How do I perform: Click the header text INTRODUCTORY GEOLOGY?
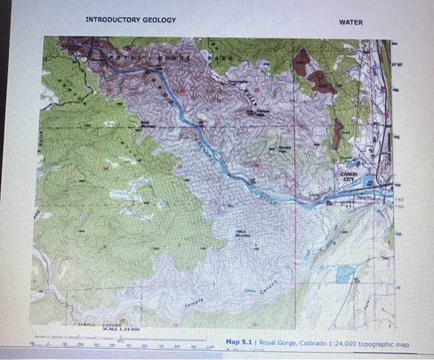point(131,20)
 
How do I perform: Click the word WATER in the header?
point(351,23)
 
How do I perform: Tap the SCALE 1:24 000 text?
point(111,330)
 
